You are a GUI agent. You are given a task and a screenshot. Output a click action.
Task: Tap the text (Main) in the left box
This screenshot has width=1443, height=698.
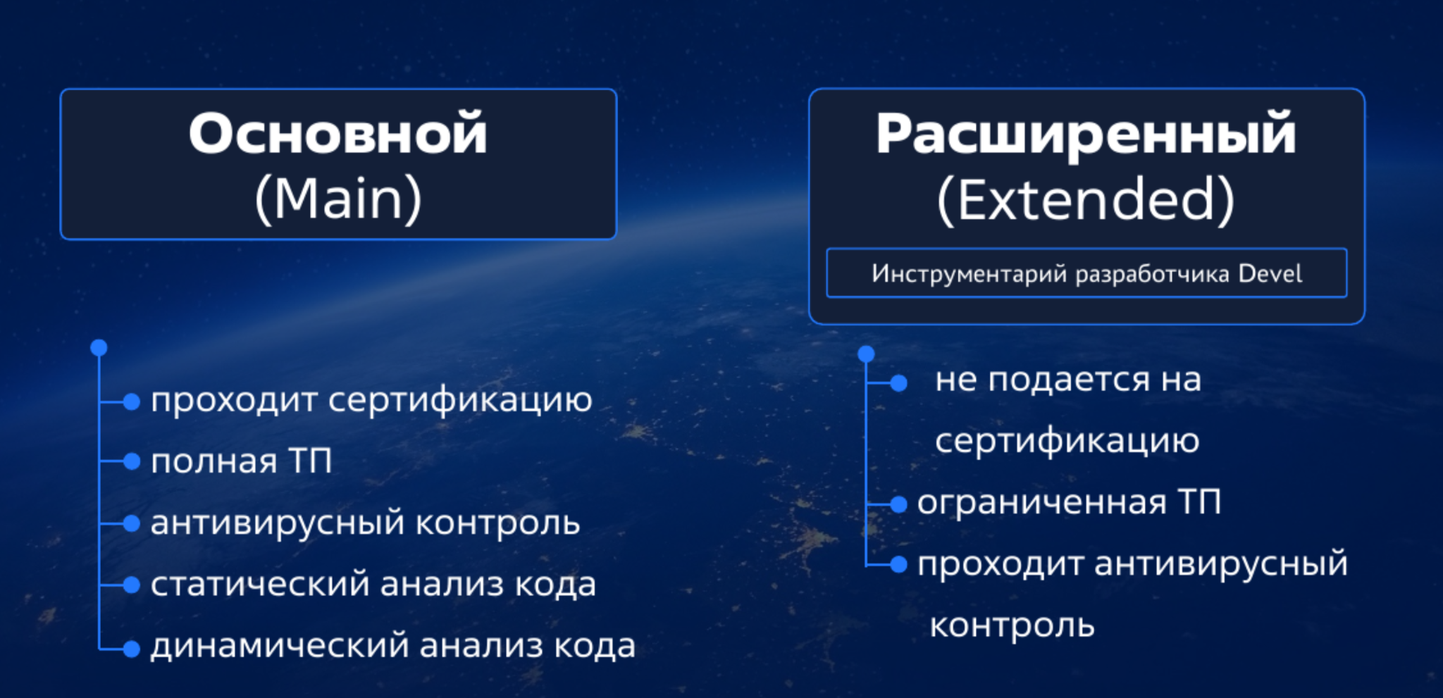pos(338,200)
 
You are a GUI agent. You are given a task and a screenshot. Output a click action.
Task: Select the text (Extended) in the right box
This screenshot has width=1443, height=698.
pos(1086,201)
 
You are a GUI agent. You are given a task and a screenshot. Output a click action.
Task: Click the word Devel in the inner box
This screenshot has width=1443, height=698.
pos(1270,273)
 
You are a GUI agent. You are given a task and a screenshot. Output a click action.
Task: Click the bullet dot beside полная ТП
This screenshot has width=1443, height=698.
pos(132,461)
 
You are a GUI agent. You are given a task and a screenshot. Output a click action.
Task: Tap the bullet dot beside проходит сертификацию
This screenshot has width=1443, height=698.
pos(132,401)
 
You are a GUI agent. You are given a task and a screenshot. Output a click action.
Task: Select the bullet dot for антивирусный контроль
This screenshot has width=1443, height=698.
pos(132,523)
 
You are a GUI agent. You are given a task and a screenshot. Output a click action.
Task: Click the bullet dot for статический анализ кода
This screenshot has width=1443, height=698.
pos(132,585)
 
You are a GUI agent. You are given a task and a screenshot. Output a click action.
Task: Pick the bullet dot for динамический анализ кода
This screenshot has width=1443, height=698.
pos(132,649)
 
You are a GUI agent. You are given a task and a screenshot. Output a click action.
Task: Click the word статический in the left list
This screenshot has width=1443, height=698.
pos(260,584)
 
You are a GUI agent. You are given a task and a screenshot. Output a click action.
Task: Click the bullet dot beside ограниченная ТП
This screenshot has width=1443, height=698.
pos(898,504)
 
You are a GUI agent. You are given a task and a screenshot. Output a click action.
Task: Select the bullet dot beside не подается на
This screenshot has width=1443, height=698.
pos(898,383)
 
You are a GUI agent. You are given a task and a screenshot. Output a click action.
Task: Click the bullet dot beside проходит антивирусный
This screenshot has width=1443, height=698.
pos(898,564)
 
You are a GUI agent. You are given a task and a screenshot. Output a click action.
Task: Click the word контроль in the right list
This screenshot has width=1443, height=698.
pos(1012,625)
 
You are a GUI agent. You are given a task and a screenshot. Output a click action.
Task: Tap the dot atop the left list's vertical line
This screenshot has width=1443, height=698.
pos(99,348)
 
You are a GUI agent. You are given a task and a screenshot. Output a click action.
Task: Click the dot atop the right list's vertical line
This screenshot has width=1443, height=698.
pos(866,354)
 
